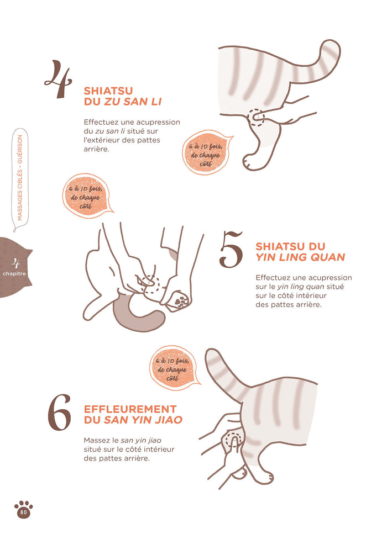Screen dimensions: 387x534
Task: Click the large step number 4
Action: click(x=59, y=79)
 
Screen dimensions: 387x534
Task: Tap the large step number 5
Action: click(x=231, y=249)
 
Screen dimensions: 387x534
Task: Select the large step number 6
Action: click(x=59, y=413)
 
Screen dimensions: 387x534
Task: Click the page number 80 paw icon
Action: click(x=24, y=510)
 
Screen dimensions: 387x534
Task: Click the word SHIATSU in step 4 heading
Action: click(x=108, y=91)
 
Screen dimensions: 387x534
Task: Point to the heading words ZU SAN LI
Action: click(x=133, y=102)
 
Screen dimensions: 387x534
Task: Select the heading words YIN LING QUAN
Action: click(x=300, y=257)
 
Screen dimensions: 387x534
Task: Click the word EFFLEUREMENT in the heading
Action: click(x=130, y=409)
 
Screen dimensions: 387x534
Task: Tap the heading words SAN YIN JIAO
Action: click(x=143, y=420)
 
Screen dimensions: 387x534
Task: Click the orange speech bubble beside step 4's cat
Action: click(x=206, y=152)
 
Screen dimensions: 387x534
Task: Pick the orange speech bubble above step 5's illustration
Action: click(x=87, y=197)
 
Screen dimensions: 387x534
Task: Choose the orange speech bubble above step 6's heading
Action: click(x=174, y=368)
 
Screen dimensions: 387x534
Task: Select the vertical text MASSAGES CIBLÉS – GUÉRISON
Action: click(x=20, y=178)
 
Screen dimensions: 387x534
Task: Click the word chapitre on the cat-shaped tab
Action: click(x=14, y=274)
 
